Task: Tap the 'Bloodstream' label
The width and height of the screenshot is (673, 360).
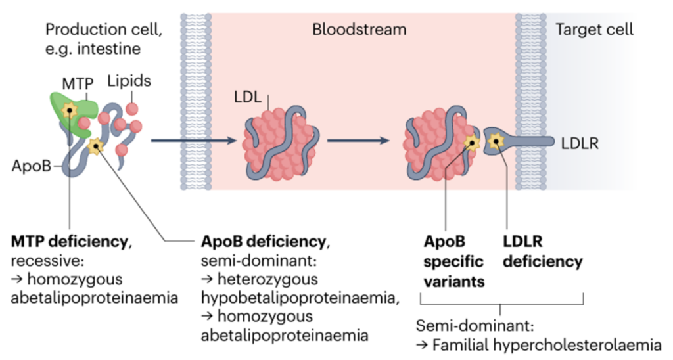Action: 359,30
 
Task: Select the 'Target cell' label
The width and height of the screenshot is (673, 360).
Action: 594,30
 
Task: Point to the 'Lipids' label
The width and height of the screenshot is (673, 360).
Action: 130,81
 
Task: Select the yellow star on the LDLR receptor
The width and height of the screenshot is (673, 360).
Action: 498,140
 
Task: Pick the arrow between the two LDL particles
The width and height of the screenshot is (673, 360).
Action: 361,140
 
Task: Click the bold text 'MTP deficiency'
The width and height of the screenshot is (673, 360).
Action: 68,241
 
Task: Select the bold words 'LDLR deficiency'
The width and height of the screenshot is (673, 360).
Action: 543,252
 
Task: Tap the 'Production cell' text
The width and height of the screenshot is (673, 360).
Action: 103,30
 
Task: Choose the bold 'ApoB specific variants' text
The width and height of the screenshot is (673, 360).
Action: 453,261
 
